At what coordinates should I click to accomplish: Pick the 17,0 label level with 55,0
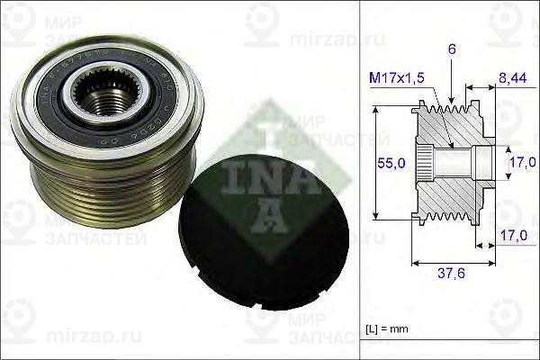[x=517, y=162]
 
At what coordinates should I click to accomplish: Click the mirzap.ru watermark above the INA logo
[x=320, y=40]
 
